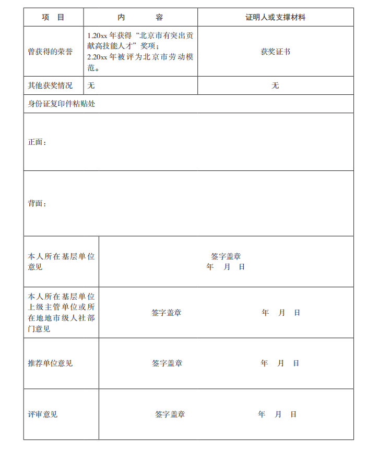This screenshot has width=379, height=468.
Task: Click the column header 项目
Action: click(53, 17)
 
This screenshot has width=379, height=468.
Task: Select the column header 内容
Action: click(140, 17)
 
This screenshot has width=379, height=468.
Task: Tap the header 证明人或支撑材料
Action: click(275, 17)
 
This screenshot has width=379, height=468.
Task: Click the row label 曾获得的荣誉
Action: click(50, 52)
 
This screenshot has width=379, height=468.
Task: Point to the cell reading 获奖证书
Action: click(275, 52)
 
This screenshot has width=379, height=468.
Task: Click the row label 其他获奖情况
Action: click(50, 85)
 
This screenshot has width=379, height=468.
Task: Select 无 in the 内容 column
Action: click(91, 85)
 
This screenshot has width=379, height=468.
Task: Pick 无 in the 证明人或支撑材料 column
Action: click(275, 85)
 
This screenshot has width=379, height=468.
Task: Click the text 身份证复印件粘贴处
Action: click(62, 104)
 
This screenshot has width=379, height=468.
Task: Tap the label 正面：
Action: click(37, 142)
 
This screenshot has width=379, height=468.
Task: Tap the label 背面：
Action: click(37, 203)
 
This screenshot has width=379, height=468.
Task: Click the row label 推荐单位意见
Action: click(50, 363)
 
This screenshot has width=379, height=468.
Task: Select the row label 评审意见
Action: click(43, 414)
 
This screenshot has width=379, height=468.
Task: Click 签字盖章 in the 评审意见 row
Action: click(170, 414)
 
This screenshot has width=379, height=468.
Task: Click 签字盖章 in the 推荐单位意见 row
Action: click(167, 363)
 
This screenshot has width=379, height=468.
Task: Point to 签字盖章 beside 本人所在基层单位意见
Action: click(226, 256)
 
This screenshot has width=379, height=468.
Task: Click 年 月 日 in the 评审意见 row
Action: click(277, 414)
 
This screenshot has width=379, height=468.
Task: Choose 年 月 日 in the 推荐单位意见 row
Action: click(280, 363)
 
